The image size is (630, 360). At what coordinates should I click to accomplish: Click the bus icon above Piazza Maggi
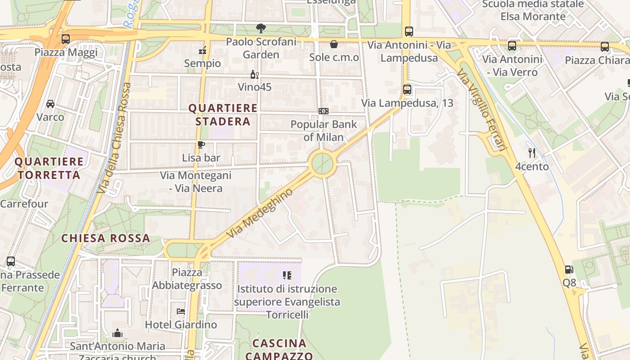pos(66,39)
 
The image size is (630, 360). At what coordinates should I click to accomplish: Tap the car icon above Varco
pos(50,104)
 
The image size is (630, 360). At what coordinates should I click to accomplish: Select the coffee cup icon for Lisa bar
pos(201,144)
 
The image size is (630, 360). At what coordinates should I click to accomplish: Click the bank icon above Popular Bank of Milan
pos(323,111)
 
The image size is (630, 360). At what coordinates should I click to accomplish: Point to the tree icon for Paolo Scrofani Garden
pos(261,29)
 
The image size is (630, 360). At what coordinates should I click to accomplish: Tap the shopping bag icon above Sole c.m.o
pos(334,44)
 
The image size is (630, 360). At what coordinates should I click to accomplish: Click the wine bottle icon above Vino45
pos(255,74)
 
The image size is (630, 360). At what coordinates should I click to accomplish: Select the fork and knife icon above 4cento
pos(532,153)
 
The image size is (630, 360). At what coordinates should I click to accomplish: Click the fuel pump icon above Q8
pos(569,270)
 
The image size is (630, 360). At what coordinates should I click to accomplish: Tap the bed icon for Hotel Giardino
pos(181,311)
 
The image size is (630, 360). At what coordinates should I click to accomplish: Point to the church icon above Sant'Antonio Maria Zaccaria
pos(117,333)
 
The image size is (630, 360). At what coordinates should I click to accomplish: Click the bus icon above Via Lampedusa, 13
pos(407,90)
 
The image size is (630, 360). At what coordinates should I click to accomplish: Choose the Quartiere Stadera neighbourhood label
pos(223,115)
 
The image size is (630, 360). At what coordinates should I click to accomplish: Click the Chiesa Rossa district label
pos(105,238)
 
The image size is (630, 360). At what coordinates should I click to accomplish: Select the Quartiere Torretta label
pos(49,168)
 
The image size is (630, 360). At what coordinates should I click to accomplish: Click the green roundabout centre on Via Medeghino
pos(323,164)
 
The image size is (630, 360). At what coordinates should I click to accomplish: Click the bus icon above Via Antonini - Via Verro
pos(512,46)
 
